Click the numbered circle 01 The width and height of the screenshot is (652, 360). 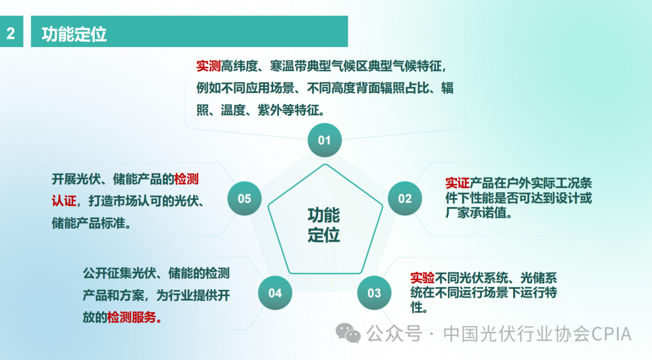[324, 140]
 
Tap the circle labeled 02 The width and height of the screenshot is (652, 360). [404, 199]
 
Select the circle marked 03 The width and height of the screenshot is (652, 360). [374, 293]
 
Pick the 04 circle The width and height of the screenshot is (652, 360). [275, 293]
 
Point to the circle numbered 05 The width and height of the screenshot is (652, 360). [244, 199]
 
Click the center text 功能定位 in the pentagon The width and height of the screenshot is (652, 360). [324, 225]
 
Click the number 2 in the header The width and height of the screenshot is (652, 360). [11, 34]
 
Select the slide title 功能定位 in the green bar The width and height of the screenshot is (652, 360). [74, 34]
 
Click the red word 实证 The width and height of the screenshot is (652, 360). [457, 183]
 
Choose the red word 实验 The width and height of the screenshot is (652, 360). [423, 278]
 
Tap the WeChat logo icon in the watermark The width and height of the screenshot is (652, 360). [348, 333]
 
